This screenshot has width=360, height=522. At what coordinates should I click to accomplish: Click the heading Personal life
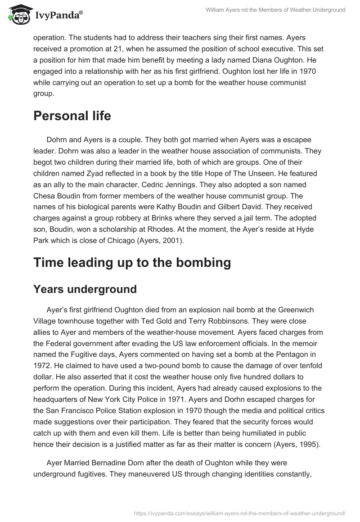pos(72,116)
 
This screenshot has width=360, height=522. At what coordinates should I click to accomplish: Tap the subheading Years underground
pos(85,289)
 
